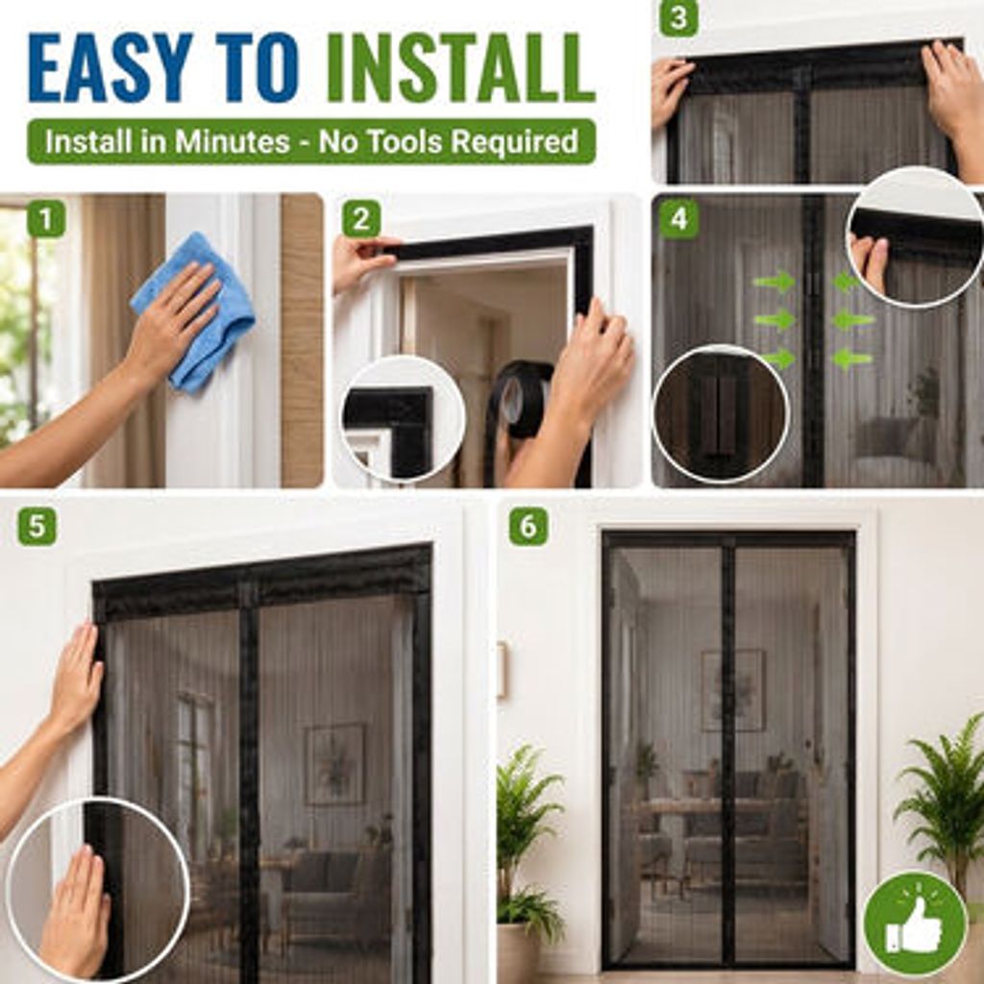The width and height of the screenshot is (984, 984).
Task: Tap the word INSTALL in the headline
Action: coord(461,67)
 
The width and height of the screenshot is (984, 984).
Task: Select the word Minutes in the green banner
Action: coord(232,141)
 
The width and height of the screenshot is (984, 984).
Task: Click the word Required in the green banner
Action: coord(515,142)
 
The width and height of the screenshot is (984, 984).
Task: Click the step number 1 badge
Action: coord(46,219)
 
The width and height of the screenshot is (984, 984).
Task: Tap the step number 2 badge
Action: coord(361,219)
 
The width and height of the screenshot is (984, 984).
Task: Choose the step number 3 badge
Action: coord(678,17)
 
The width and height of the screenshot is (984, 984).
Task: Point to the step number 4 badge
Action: coord(678,219)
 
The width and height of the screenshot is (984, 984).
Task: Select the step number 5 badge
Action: coord(37,526)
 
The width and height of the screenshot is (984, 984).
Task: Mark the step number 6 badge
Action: coord(529,526)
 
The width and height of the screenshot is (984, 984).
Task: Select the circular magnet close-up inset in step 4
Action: coord(721,414)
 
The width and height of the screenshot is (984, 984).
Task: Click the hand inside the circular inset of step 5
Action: coord(75,910)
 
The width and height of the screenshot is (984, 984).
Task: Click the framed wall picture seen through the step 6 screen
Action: coord(733,690)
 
